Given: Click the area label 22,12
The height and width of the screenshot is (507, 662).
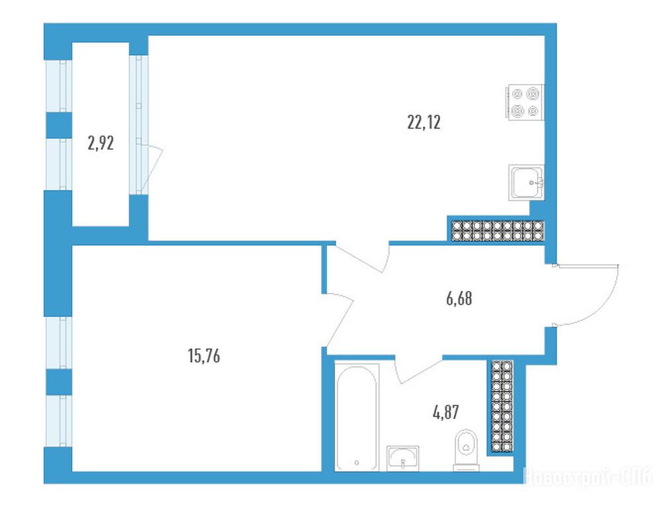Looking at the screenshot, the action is [423, 122].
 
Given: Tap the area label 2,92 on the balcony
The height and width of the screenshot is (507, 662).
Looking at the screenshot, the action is [100, 143].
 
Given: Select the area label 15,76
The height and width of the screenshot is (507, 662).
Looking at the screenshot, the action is [204, 356].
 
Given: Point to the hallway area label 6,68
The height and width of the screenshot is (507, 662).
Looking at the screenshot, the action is [459, 298].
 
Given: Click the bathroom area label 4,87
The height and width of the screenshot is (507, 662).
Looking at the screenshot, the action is [446, 412].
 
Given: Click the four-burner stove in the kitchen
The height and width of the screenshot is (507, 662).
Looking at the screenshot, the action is [525, 102].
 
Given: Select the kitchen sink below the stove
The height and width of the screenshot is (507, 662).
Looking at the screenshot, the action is [527, 183].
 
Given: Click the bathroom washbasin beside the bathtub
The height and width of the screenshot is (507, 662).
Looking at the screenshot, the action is [403, 459].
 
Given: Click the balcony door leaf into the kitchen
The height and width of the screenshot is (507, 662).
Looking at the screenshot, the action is [151, 169].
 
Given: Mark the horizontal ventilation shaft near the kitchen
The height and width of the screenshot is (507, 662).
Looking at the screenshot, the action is [497, 230].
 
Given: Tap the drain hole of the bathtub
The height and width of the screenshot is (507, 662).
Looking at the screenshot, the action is [357, 463].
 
